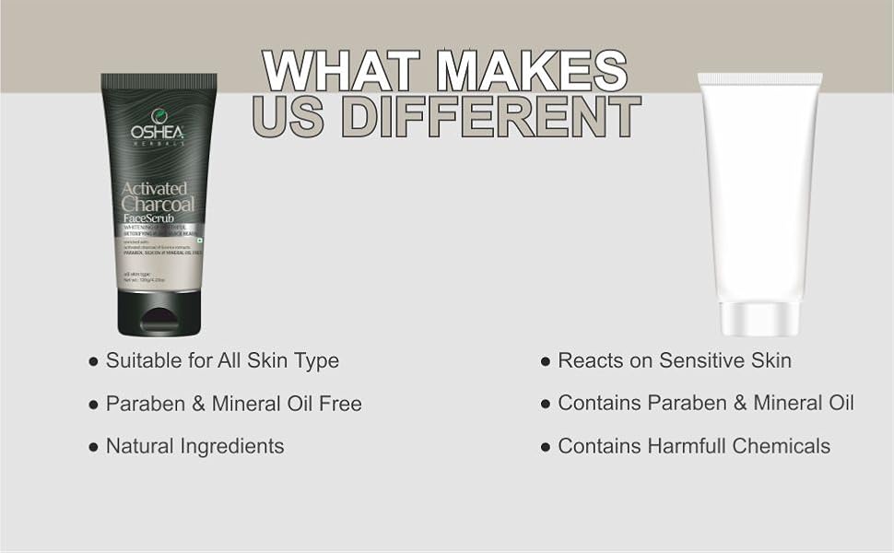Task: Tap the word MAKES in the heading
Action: pos(533,70)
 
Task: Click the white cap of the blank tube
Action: pos(758,319)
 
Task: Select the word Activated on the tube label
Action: pos(155,189)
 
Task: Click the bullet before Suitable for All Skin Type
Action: pos(93,362)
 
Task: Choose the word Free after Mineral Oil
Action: pos(338,404)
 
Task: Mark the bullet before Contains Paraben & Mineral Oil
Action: pos(546,405)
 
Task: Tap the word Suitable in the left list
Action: pos(144,361)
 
